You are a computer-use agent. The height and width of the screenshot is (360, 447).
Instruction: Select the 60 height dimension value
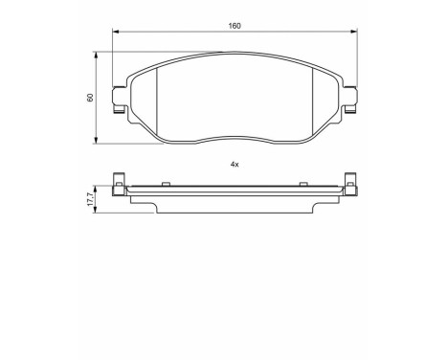pos(91,98)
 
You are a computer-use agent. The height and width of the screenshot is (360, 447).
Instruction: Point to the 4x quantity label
pos(234,164)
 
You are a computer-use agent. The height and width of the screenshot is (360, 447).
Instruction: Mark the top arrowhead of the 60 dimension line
pos(97,56)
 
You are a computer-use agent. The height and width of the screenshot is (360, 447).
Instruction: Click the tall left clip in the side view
pos(119,182)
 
